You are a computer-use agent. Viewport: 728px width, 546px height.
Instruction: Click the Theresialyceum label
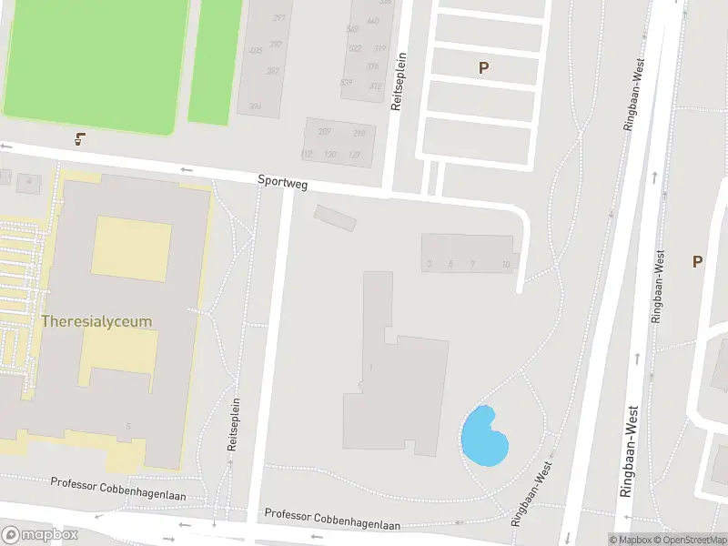[96, 321]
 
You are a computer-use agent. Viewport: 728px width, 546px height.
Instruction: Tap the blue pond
[484, 436]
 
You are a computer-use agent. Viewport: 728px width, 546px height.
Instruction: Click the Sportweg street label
[283, 184]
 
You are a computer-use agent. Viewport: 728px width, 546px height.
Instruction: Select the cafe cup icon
[80, 139]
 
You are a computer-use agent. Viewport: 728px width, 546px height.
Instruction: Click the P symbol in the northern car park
[483, 67]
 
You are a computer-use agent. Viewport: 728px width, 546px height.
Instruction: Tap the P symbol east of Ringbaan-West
[697, 262]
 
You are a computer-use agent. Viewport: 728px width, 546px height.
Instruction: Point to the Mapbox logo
[40, 534]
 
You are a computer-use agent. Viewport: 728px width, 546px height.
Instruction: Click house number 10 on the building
[505, 265]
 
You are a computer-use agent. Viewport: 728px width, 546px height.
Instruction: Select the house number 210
[359, 134]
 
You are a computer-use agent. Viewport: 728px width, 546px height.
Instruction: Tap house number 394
[255, 106]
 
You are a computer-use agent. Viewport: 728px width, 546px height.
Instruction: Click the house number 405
[255, 51]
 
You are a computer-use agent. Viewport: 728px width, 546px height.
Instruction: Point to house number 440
[373, 21]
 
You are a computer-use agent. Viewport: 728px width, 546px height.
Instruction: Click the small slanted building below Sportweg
[336, 217]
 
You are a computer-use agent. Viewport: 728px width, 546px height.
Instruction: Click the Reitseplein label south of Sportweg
[234, 426]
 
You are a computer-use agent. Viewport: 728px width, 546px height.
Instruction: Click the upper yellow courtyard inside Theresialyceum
[131, 248]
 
